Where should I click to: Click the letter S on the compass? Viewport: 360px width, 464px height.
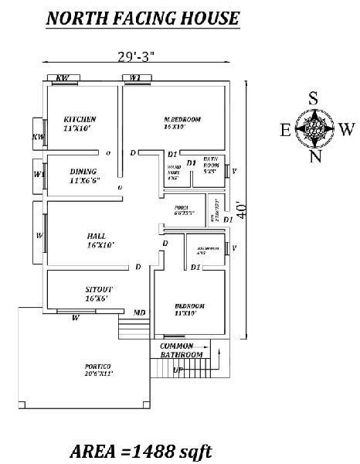pyautogui.click(x=314, y=98)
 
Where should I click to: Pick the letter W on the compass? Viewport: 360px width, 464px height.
pyautogui.click(x=347, y=128)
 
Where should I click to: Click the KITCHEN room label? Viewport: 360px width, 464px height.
pyautogui.click(x=80, y=118)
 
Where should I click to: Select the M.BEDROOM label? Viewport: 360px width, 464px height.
pyautogui.click(x=182, y=118)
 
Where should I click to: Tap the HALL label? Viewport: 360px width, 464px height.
pyautogui.click(x=97, y=235)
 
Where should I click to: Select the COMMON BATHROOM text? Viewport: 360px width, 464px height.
pyautogui.click(x=182, y=350)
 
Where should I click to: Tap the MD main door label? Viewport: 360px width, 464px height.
pyautogui.click(x=140, y=312)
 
